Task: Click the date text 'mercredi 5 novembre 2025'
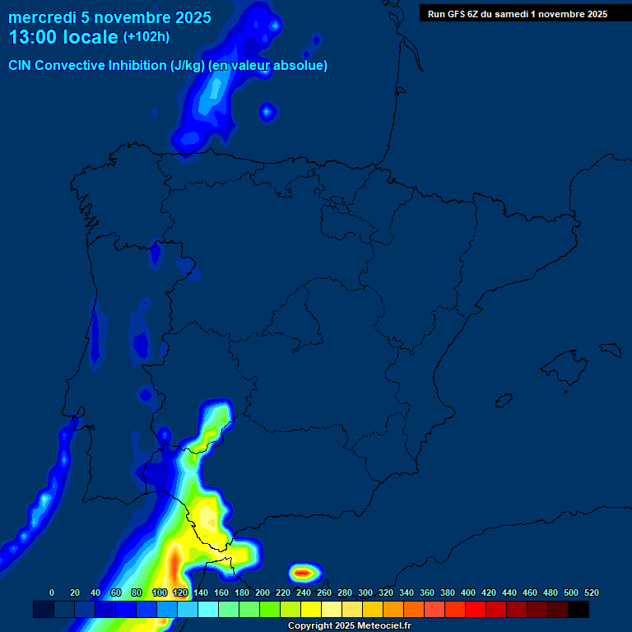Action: (109, 17)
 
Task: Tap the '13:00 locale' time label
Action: (63, 37)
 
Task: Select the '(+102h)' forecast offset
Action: (146, 37)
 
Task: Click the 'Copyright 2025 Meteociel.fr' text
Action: (349, 626)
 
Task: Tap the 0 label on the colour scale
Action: (52, 592)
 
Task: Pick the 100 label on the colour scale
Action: (160, 592)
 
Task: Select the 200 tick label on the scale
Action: (263, 592)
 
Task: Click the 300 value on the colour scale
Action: (365, 592)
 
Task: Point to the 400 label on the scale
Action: (468, 592)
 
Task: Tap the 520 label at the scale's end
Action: (591, 592)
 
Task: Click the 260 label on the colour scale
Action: (324, 592)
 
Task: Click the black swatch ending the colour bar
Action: (579, 610)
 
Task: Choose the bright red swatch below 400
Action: (476, 610)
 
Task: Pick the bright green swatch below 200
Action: (270, 610)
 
